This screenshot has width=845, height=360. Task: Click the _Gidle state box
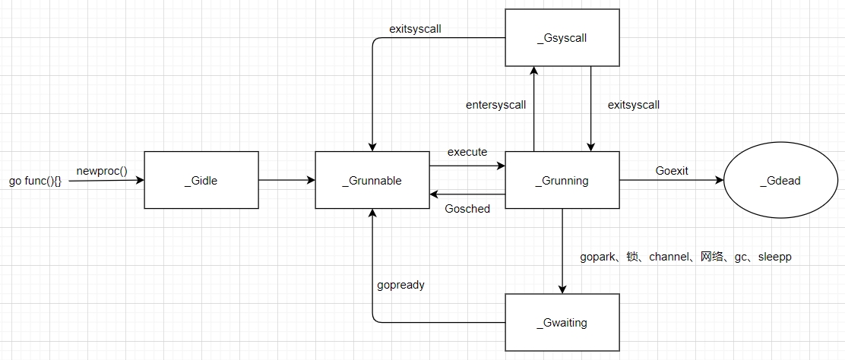click(x=201, y=180)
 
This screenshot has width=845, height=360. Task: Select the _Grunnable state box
click(x=372, y=180)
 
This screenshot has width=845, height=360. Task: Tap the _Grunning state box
click(x=562, y=180)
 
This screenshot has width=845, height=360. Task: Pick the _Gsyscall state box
click(x=562, y=37)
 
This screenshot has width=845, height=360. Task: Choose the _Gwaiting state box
click(x=562, y=323)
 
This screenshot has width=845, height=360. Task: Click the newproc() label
click(x=102, y=171)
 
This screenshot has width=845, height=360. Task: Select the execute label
click(x=467, y=152)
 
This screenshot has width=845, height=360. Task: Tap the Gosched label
click(x=467, y=208)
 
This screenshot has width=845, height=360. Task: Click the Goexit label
click(x=672, y=171)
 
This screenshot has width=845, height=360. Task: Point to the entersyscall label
click(x=495, y=105)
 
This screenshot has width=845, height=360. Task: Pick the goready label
click(x=400, y=285)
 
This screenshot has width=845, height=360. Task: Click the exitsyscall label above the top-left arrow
click(x=416, y=29)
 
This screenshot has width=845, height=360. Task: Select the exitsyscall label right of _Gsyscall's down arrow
click(x=634, y=105)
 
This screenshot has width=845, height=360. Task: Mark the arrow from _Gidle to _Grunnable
click(x=286, y=180)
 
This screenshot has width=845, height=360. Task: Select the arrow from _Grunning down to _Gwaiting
click(x=562, y=251)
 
